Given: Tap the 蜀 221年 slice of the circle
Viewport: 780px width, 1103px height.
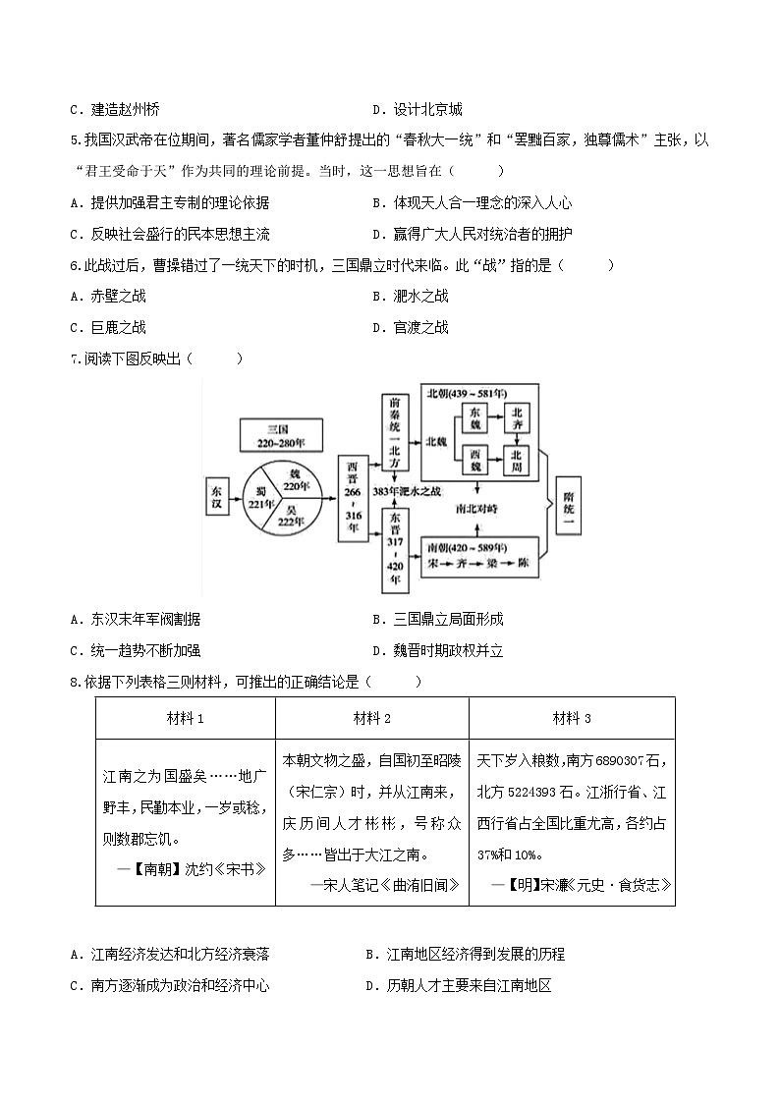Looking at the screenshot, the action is (259, 499).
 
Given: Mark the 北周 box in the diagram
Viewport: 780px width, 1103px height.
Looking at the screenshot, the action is (518, 459).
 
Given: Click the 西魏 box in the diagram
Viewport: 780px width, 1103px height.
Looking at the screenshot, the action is (475, 459).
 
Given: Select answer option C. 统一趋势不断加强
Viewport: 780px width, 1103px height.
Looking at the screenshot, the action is (143, 650).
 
